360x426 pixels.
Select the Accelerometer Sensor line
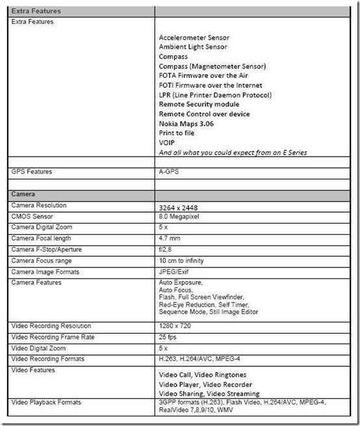coord(194,38)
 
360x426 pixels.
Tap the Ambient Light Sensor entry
coord(193,47)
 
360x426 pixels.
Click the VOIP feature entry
coord(167,142)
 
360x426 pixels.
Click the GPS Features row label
coord(32,172)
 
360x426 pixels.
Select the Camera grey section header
coord(23,194)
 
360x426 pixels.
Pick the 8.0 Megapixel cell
coord(181,217)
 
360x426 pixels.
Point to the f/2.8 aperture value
coord(166,248)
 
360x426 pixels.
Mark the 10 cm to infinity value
coord(185,259)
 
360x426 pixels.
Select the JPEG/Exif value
coord(176,269)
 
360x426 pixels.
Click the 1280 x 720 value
coord(176,326)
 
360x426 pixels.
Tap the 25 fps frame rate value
coord(169,336)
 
